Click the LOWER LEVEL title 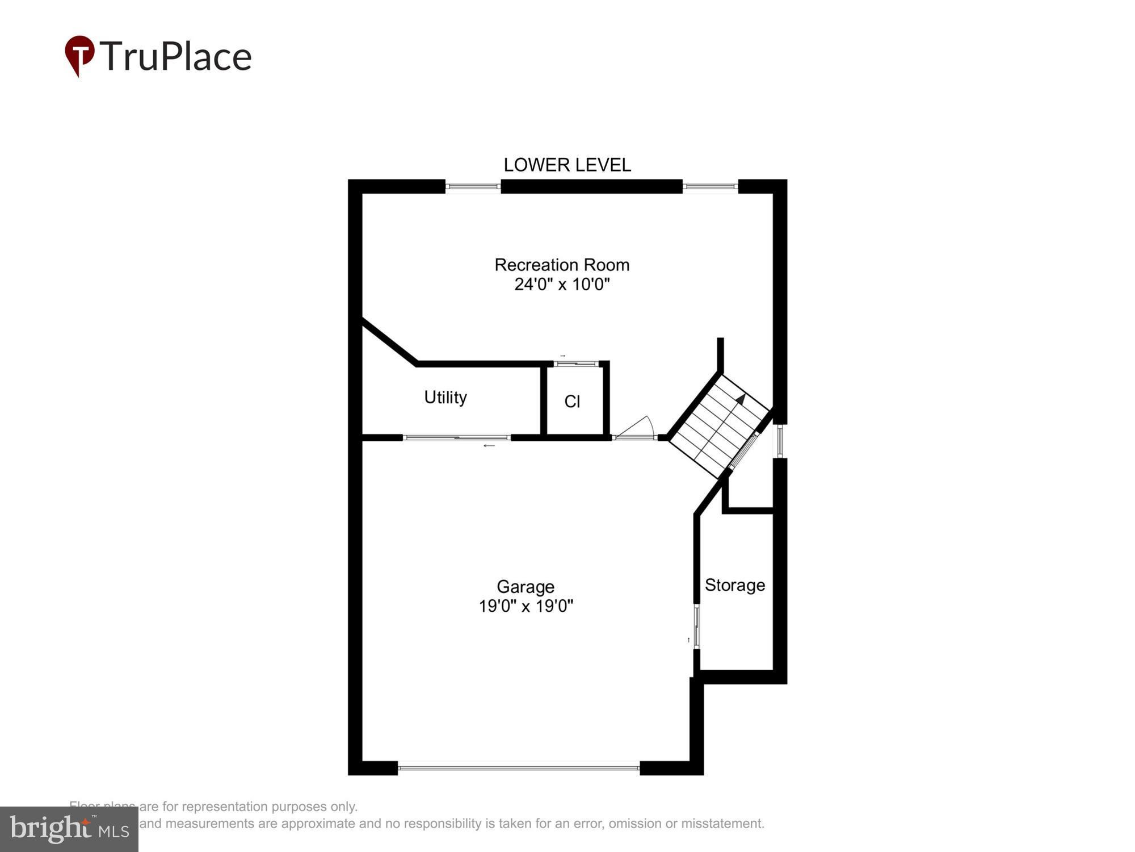(567, 165)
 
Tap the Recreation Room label (562, 265)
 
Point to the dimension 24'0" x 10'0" (562, 284)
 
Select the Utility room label (445, 397)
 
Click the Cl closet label (572, 402)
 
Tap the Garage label (526, 587)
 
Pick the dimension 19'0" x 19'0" (526, 606)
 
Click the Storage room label (734, 585)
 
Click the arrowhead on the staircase (741, 399)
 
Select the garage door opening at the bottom (519, 767)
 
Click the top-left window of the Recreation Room (473, 186)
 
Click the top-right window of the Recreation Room (710, 186)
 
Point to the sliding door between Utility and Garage (457, 437)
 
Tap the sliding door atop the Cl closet (576, 364)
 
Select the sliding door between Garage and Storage (696, 627)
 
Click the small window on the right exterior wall (780, 441)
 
